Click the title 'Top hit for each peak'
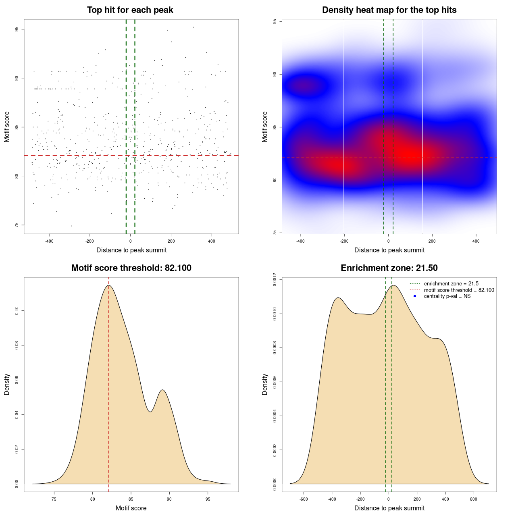click(x=130, y=10)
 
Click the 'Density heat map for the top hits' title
click(x=389, y=10)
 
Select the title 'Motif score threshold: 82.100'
click(x=131, y=268)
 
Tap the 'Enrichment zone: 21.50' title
click(x=389, y=268)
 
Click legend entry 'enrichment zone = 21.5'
click(x=451, y=284)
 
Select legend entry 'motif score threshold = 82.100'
click(x=459, y=290)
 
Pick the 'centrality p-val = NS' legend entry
click(x=447, y=296)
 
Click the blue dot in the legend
click(x=415, y=296)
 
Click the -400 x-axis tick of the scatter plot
click(x=49, y=241)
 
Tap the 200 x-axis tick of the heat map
click(x=432, y=241)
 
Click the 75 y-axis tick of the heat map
click(x=275, y=233)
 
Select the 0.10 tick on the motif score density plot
click(x=17, y=311)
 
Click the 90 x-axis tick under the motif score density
click(x=169, y=499)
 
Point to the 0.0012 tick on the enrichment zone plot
click(x=275, y=279)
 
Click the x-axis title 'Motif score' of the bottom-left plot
click(x=131, y=508)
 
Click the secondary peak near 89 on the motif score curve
click(x=162, y=390)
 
